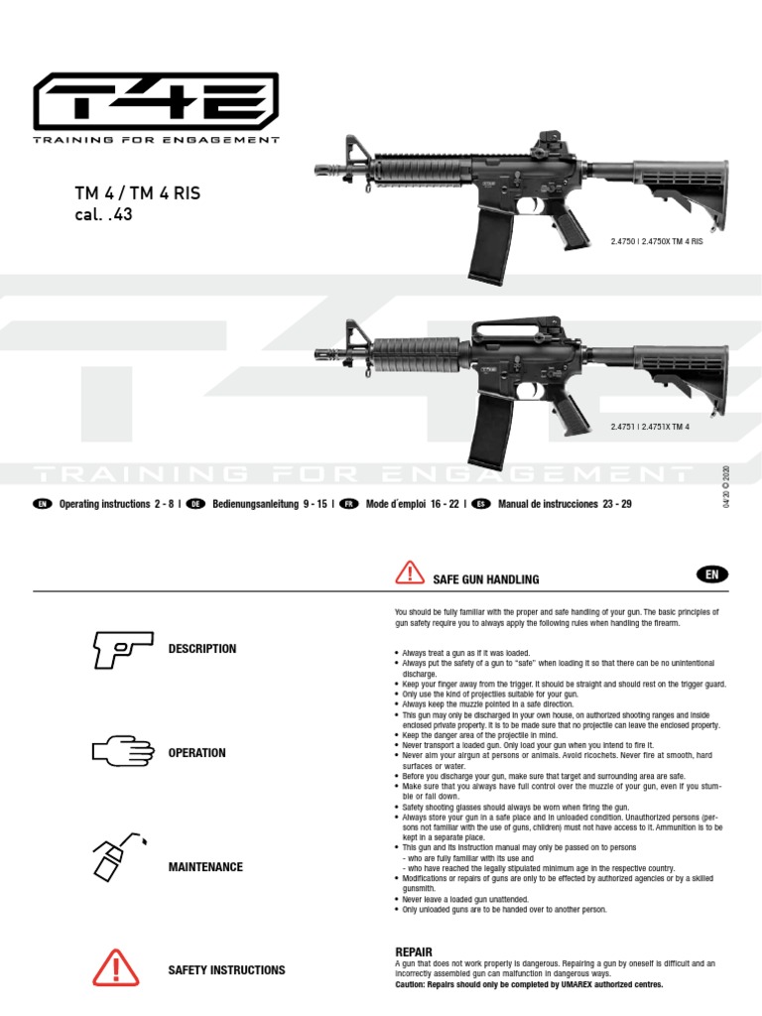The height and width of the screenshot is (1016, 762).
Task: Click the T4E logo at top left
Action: pos(156,103)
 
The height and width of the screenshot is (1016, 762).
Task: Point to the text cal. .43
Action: pos(103,214)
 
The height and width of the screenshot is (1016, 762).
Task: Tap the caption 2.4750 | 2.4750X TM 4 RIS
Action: pos(657,242)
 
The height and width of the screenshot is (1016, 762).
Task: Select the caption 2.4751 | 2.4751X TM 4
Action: pos(651,427)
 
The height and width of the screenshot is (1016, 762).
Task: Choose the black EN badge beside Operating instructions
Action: pos(42,504)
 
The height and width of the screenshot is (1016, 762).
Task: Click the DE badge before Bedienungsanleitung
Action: pos(195,504)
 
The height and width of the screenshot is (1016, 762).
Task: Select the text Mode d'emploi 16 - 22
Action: pos(412,504)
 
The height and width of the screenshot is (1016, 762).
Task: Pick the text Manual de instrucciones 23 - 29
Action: pos(564,504)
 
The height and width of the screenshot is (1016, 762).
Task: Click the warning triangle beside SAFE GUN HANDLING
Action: pos(409,573)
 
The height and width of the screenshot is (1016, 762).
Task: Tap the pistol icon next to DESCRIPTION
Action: pos(122,649)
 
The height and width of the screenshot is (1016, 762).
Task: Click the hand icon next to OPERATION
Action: pos(122,752)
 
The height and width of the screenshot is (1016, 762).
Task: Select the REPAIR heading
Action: pos(414,952)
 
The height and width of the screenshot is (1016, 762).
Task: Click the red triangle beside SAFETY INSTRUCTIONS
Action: pos(118,968)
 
